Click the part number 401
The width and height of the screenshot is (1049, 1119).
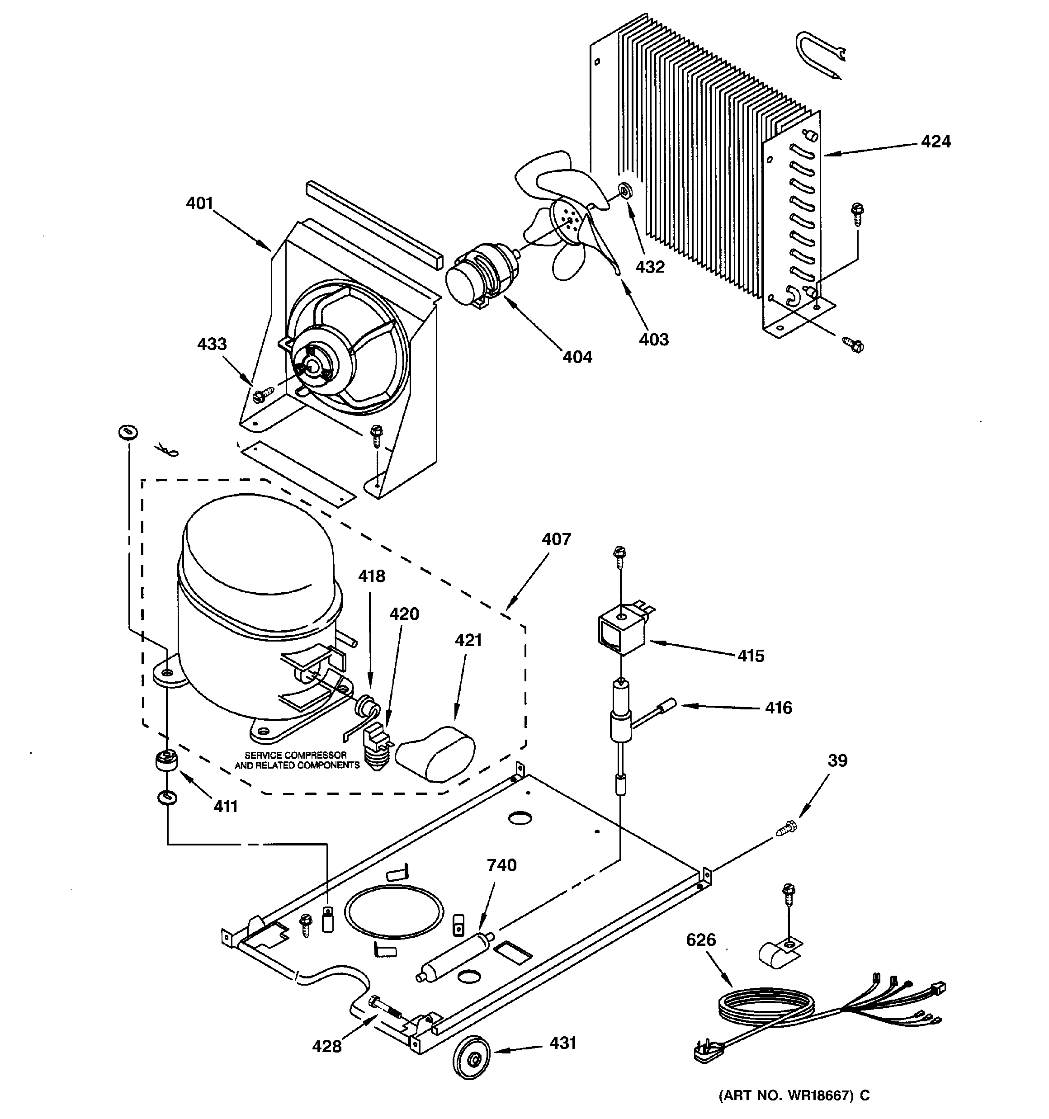[x=199, y=203]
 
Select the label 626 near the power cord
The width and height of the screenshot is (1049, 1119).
[x=700, y=940]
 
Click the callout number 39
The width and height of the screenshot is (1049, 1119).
[x=837, y=761]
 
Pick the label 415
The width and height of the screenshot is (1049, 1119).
[x=751, y=656]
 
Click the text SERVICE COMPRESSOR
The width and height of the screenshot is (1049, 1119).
[x=295, y=755]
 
